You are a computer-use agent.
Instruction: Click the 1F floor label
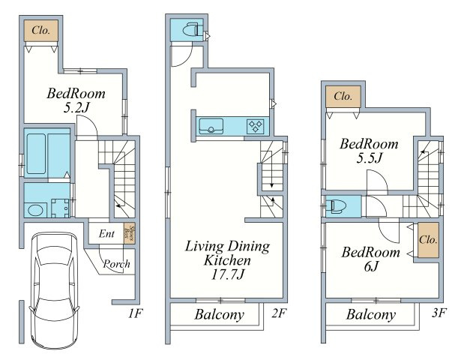click(135, 313)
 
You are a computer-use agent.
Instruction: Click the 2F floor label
click(278, 313)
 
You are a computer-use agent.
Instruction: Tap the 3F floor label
click(439, 313)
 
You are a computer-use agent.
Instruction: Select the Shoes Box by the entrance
click(130, 233)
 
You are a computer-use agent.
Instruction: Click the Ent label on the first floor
click(106, 234)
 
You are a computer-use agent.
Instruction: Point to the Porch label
click(116, 264)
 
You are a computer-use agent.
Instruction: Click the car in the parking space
click(54, 290)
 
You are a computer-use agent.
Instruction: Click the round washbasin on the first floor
click(35, 210)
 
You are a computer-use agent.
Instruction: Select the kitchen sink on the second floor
click(211, 126)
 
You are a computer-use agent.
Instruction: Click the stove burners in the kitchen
click(255, 127)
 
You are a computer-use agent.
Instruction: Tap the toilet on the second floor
click(191, 30)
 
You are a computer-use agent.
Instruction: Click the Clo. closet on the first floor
click(41, 31)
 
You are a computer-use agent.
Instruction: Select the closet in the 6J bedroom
click(428, 240)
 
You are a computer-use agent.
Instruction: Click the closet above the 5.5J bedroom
click(343, 97)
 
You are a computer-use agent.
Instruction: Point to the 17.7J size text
click(228, 274)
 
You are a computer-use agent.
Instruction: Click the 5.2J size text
click(76, 108)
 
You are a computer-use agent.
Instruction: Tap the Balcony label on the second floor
click(220, 315)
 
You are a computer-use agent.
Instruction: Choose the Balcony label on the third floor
click(371, 315)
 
